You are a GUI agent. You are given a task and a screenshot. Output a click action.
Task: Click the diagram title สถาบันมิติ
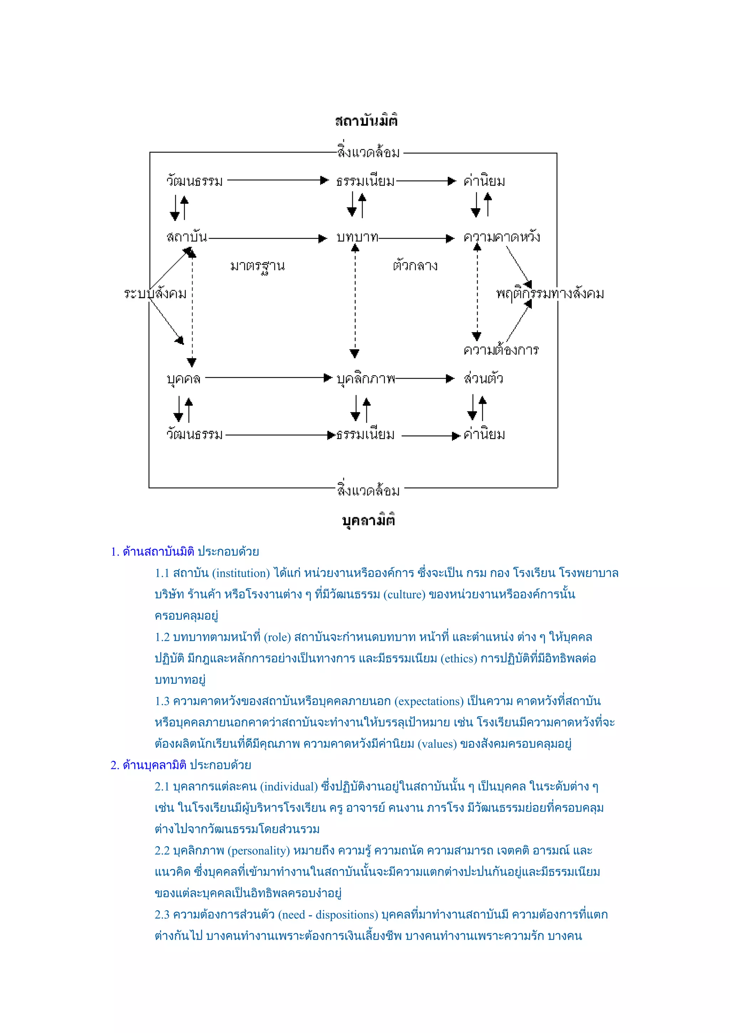[x=366, y=120]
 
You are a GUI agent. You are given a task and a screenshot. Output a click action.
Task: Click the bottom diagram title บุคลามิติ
[x=368, y=520]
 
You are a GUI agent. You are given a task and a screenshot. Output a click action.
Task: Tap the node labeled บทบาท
[x=357, y=237]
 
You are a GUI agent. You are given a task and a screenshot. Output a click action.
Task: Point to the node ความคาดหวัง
[x=502, y=237]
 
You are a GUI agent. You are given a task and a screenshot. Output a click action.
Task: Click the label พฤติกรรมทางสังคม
[x=550, y=294]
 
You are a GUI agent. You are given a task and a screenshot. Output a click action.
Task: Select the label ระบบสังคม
[x=155, y=294]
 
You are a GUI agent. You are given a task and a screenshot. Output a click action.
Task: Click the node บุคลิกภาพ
[x=366, y=379]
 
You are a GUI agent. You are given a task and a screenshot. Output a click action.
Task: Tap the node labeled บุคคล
[x=184, y=379]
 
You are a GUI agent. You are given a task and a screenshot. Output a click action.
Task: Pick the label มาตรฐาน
[x=257, y=266]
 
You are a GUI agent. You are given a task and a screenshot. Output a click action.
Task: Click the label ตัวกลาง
[x=415, y=266]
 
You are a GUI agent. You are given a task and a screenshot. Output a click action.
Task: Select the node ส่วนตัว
[x=484, y=379]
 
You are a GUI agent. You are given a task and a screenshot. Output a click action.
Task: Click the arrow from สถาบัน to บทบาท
[x=267, y=238]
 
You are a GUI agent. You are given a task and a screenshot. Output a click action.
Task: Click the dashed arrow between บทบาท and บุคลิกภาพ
[x=355, y=302]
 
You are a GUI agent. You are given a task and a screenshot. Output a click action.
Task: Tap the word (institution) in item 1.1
[x=241, y=573]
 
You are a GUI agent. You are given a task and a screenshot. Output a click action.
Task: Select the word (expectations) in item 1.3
[x=429, y=701]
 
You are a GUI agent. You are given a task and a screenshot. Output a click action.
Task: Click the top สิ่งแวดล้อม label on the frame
[x=368, y=152]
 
